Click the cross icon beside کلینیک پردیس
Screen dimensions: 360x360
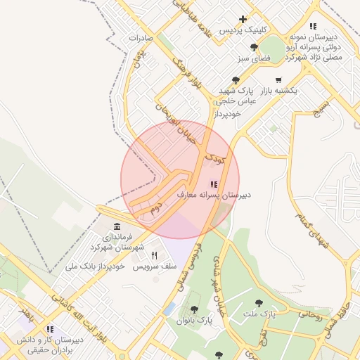pos(243,19)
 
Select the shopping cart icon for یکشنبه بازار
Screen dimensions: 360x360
pos(278,80)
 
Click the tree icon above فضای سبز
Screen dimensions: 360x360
pos(254,47)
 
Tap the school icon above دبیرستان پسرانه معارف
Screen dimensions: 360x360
pos(214,184)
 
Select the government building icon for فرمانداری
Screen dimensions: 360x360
pos(116,227)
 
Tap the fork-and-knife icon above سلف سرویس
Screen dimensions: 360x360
pos(154,256)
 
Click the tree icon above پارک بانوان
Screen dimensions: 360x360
pos(194,309)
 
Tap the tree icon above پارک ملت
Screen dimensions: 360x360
pos(259,303)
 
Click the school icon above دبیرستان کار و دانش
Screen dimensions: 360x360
pos(49,329)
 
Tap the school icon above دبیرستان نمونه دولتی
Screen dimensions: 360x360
pos(313,26)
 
